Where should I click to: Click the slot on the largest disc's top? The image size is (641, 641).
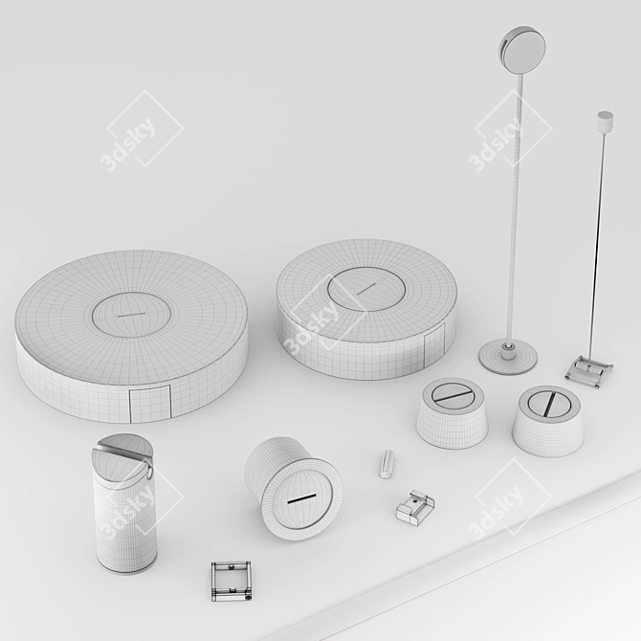click(x=131, y=315)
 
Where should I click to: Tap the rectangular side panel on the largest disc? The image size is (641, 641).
click(x=149, y=404)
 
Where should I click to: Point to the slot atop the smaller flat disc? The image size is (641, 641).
click(x=365, y=288)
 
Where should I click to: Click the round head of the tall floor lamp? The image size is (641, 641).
click(x=522, y=50)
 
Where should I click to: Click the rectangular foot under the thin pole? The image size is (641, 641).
click(x=588, y=371)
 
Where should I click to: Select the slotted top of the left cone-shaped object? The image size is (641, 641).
click(x=453, y=395)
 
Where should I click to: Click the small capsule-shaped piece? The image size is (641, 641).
click(x=387, y=464)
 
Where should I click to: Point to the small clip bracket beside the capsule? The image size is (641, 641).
click(x=415, y=508)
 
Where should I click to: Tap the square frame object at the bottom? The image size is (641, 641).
click(x=231, y=581)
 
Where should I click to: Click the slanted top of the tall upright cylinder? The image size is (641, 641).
click(x=122, y=455)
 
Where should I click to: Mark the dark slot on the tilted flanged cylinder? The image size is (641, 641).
click(x=301, y=499)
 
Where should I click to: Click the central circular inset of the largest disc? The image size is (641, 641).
click(x=131, y=315)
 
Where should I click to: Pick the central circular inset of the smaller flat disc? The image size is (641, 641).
click(x=366, y=289)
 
